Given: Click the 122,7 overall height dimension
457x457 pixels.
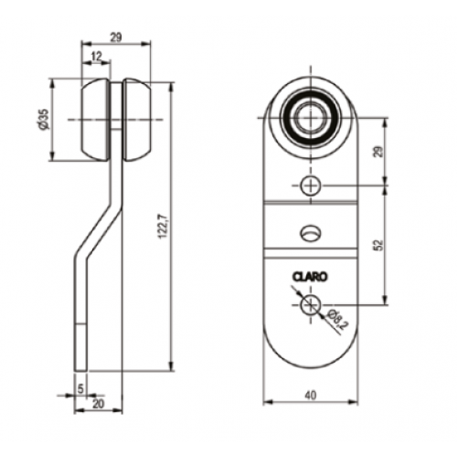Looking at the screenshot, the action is pos(163,227).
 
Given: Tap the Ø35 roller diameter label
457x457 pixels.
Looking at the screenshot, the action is pos(44,119).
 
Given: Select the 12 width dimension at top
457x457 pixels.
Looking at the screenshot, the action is pos(96,56).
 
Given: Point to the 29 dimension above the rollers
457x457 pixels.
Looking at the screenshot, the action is pos(116,37).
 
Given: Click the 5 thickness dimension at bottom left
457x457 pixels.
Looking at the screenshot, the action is pos(80,388).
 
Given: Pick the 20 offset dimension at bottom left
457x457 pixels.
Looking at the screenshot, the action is pos(98,404).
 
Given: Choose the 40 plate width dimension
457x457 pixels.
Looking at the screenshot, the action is pos(311,395).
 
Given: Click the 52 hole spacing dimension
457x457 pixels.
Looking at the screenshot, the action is pos(378,245).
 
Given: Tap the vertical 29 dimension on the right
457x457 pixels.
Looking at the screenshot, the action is pos(378,152).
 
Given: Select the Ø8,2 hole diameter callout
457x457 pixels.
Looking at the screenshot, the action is pos(336,320).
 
